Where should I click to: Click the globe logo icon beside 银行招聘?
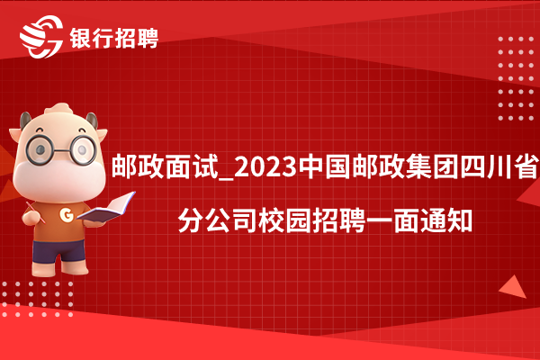pos(41,37)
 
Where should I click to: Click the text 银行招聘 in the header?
pos(114,38)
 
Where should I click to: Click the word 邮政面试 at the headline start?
pos(166,167)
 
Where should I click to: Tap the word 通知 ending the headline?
pos(445,220)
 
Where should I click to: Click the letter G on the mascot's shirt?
pos(67,214)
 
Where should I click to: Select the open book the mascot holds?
pos(106,208)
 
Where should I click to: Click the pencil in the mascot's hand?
pos(35,212)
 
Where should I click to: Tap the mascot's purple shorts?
pos(58,252)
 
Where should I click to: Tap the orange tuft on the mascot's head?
pos(59,109)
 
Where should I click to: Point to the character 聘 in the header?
pos(148,38)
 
